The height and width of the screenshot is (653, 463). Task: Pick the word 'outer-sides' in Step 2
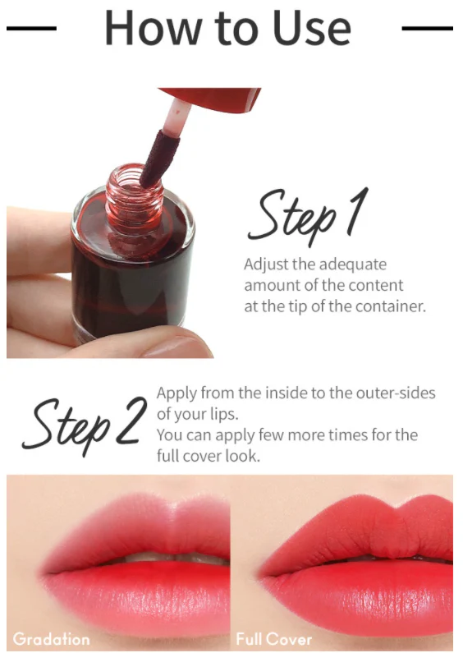pos(397,393)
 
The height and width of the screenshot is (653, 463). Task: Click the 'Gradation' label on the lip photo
pos(51,638)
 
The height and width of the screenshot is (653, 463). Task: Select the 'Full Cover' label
pos(273,638)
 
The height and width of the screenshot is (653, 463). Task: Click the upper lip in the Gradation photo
pos(123,526)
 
